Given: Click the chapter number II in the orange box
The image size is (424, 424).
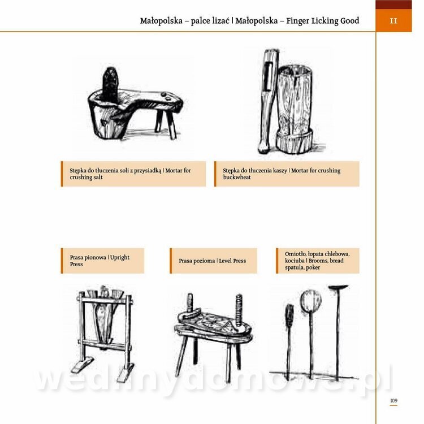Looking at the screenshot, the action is click(393, 21).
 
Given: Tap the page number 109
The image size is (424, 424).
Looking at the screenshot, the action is click(393, 400).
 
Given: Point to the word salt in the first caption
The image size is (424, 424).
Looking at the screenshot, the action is click(98, 178).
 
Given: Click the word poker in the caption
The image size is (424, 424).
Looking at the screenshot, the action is click(313, 268).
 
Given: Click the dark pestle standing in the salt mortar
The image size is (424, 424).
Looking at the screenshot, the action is click(110, 84).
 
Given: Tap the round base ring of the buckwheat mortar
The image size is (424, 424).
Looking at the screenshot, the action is click(294, 141).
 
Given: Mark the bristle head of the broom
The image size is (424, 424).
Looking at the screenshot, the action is click(289, 315).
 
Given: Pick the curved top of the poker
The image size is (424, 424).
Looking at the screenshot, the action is click(338, 287).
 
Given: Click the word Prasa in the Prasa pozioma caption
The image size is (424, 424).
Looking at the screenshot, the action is click(185, 261).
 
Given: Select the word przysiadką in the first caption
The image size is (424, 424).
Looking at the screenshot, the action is click(148, 171).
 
